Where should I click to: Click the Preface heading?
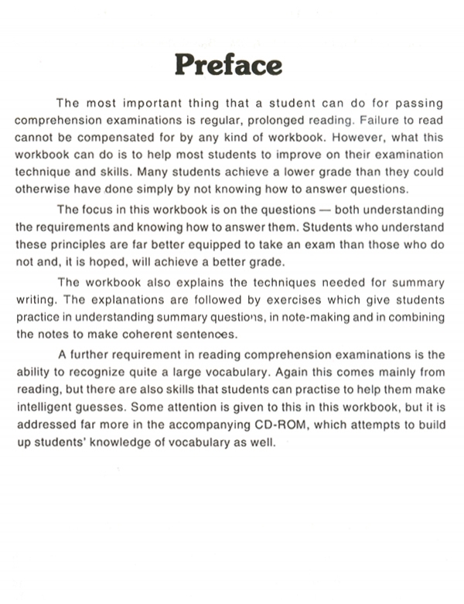[228, 63]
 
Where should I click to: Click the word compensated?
[96, 137]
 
